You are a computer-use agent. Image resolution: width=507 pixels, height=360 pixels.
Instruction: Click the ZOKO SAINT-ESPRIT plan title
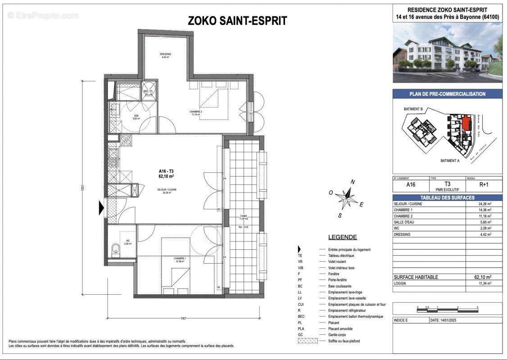click(x=237, y=21)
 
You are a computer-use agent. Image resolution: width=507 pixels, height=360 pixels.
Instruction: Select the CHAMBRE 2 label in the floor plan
click(x=195, y=112)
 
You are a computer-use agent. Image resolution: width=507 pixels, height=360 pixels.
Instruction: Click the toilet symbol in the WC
click(x=116, y=247)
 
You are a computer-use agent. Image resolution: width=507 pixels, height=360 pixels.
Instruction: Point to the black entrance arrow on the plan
click(x=101, y=208)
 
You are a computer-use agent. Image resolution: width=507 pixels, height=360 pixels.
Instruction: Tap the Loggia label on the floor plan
click(x=243, y=217)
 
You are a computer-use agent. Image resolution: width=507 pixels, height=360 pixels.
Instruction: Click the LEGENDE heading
click(x=342, y=237)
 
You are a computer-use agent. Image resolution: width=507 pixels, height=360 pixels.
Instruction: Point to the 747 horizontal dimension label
click(x=183, y=319)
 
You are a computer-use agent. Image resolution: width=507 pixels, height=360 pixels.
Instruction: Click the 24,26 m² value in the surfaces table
click(x=484, y=204)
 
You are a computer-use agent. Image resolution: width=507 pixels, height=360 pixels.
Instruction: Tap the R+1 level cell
click(x=484, y=184)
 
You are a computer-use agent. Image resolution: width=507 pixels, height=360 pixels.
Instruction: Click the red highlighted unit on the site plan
click(x=466, y=121)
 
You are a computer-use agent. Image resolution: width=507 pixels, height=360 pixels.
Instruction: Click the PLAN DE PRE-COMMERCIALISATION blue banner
click(x=447, y=94)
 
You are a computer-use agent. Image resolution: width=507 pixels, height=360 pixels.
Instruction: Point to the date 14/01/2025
click(x=446, y=320)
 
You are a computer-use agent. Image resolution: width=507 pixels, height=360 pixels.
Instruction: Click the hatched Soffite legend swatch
click(x=308, y=341)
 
